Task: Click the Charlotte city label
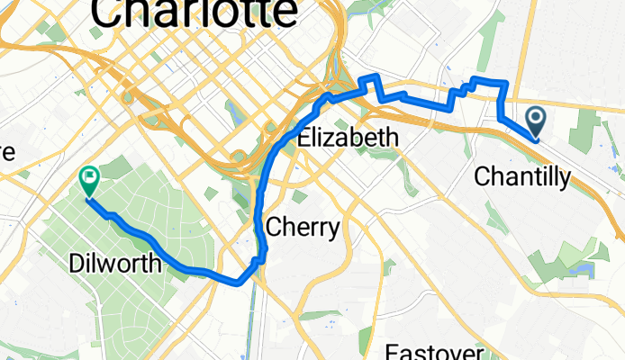(x=194, y=13)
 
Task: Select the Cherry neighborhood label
(x=303, y=227)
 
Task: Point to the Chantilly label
(x=521, y=177)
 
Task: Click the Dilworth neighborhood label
(x=116, y=264)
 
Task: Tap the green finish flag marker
(x=90, y=179)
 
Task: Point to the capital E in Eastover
(x=393, y=351)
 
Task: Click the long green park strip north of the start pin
(x=490, y=36)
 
